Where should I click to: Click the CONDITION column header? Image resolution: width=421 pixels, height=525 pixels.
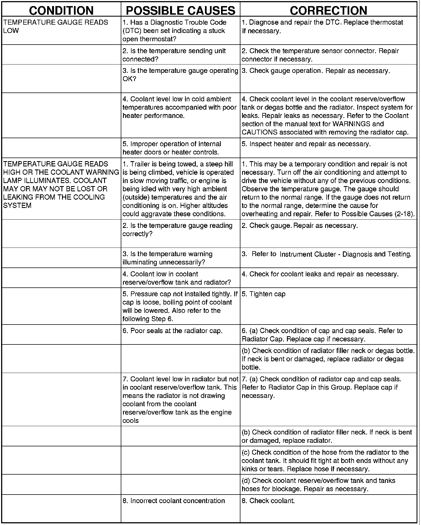[x=61, y=11]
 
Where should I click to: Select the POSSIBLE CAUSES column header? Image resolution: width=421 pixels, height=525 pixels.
[x=181, y=11]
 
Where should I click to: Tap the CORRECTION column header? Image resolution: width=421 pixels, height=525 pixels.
[x=328, y=11]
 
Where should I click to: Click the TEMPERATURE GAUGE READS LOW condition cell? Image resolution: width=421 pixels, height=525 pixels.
[x=55, y=27]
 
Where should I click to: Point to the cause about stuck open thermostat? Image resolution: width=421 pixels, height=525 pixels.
[x=174, y=31]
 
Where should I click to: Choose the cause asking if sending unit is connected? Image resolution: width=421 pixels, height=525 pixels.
[x=174, y=55]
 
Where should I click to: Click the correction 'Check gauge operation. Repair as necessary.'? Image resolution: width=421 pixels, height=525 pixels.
[x=316, y=71]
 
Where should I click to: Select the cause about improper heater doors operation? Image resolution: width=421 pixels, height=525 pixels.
[x=172, y=148]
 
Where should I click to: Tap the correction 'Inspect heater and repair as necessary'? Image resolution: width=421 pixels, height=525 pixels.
[x=306, y=144]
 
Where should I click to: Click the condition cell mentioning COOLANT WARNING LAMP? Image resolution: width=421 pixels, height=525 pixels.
[x=61, y=184]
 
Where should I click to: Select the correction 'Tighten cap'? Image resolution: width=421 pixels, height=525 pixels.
[x=264, y=294]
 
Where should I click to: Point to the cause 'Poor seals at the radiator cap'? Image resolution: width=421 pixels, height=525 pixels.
[x=173, y=331]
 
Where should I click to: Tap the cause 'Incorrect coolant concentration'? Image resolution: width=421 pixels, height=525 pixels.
[x=174, y=501]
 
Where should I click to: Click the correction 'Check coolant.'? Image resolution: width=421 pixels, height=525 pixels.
[x=268, y=501]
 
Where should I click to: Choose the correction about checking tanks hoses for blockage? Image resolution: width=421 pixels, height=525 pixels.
[x=319, y=485]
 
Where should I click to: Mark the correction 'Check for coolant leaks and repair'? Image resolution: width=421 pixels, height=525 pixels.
[x=320, y=274]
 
